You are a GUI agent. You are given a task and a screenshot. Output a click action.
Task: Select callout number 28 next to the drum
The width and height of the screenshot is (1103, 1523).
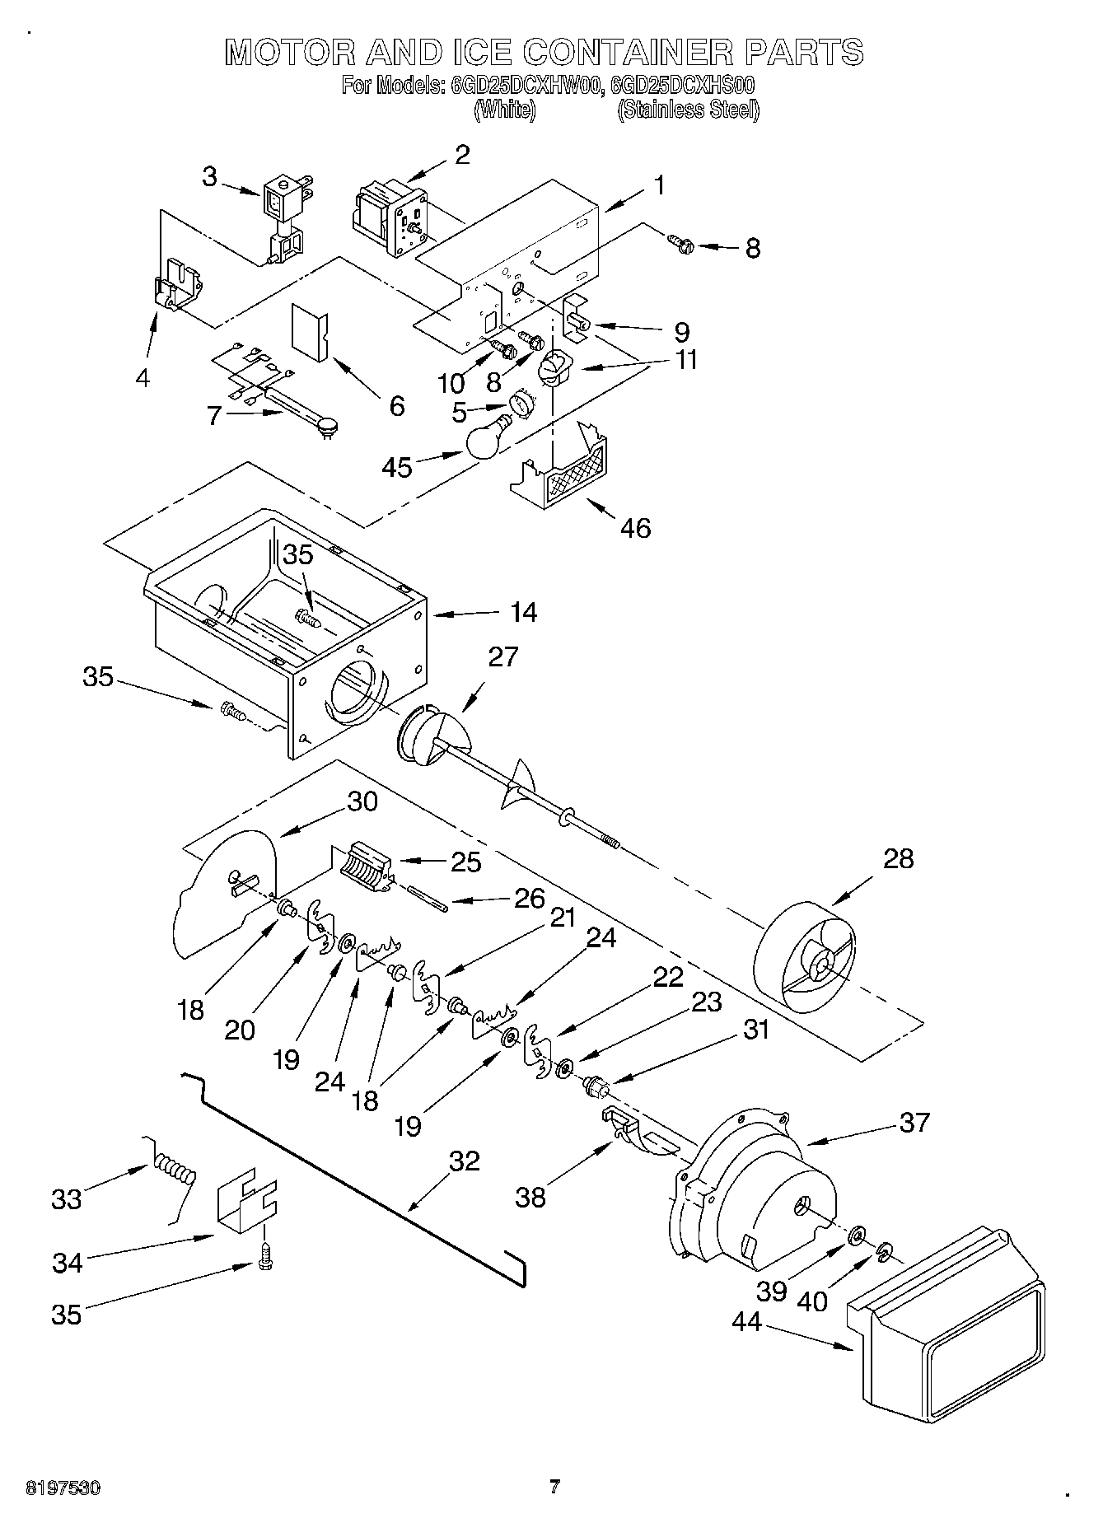click(x=898, y=858)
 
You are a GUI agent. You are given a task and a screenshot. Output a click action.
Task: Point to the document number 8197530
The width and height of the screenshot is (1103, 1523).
click(x=63, y=1487)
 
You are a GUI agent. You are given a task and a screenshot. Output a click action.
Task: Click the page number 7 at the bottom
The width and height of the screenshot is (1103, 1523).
click(x=554, y=1486)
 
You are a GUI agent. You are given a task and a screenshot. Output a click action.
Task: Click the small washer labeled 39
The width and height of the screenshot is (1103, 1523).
click(x=856, y=1233)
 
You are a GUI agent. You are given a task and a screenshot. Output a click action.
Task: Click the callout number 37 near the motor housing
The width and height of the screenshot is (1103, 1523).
click(x=914, y=1122)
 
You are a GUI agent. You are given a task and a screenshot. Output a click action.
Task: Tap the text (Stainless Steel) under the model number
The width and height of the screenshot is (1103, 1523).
click(x=688, y=110)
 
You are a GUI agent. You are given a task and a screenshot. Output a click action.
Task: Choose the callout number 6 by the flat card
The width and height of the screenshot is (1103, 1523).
click(x=397, y=405)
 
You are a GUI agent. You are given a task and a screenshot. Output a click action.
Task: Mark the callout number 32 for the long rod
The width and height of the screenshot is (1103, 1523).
click(x=464, y=1161)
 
